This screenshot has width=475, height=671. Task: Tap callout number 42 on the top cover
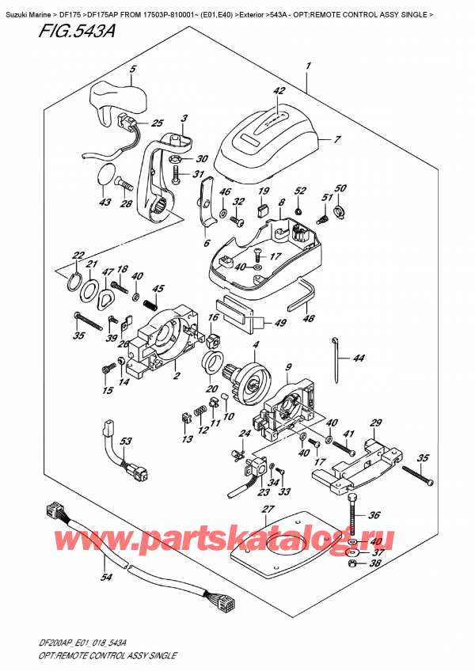[278, 92]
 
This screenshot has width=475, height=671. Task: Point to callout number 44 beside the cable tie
[359, 358]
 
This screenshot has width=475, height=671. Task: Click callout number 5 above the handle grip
[132, 69]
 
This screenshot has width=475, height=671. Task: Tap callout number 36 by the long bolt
[374, 514]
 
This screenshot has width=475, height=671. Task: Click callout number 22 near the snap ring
[78, 255]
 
